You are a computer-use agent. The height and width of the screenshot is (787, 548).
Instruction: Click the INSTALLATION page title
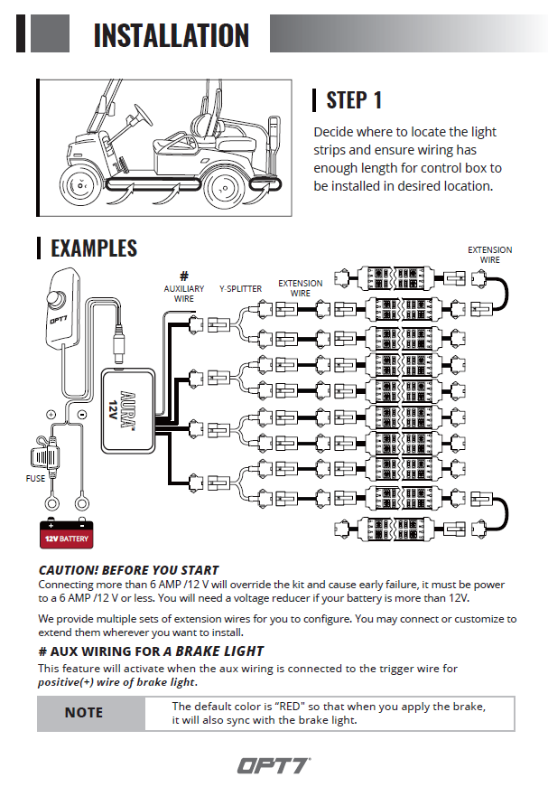pyautogui.click(x=171, y=34)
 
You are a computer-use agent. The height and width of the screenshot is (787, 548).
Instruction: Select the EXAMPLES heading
pyautogui.click(x=93, y=248)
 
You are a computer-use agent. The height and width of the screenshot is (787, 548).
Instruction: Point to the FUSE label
pyautogui.click(x=35, y=478)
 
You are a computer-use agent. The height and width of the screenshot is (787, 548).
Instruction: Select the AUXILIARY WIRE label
pyautogui.click(x=183, y=293)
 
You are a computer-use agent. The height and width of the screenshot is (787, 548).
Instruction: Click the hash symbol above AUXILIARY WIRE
pyautogui.click(x=183, y=276)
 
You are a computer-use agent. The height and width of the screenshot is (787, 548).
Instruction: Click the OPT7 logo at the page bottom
pyautogui.click(x=274, y=765)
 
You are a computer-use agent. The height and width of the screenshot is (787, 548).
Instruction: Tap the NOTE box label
pyautogui.click(x=83, y=713)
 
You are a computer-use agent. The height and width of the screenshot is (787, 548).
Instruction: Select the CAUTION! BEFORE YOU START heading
pyautogui.click(x=128, y=570)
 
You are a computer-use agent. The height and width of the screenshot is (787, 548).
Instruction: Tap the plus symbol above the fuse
pyautogui.click(x=51, y=415)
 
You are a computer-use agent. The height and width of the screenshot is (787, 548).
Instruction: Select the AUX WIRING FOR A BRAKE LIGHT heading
pyautogui.click(x=151, y=651)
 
